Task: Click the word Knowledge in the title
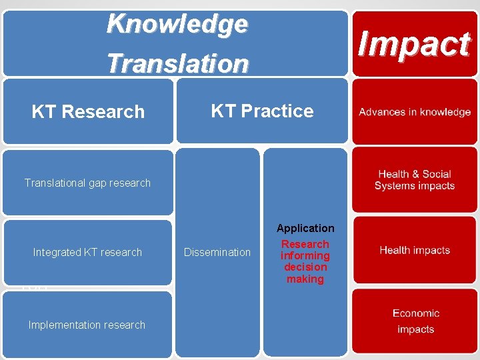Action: point(177,24)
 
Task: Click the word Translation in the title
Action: point(177,63)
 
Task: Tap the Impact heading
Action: point(414,44)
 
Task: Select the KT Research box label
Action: point(88,112)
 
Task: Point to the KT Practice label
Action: point(262,111)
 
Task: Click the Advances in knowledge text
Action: point(415,112)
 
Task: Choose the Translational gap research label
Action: point(87,183)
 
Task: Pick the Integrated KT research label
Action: point(87,252)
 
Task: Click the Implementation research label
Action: point(87,325)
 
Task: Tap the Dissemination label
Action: point(217,252)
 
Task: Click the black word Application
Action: point(305,228)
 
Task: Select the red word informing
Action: point(305,256)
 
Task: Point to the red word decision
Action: point(305,267)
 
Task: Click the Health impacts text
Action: point(415,250)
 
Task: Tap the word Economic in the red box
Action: point(416,313)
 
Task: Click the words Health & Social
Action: point(415,174)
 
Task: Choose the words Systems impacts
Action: point(415,186)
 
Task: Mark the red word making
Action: point(305,279)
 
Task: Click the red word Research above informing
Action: point(305,244)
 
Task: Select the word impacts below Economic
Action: point(416,329)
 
